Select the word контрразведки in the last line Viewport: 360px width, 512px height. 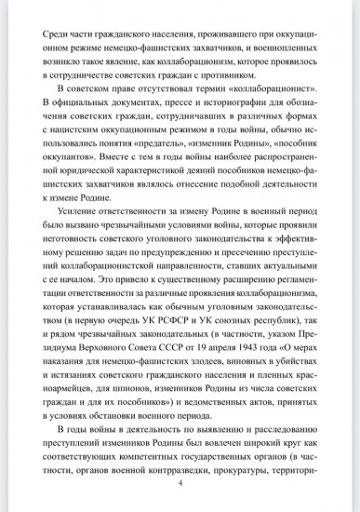click(158, 501)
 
